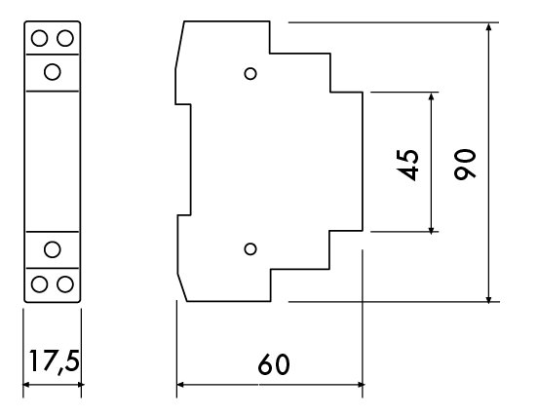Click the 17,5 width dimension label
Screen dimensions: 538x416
click(55, 361)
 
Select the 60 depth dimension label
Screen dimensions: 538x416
click(274, 364)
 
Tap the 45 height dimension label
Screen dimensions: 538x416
click(407, 165)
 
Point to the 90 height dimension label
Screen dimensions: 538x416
click(465, 164)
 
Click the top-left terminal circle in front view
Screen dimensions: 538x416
click(39, 38)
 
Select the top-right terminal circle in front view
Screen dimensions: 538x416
click(65, 38)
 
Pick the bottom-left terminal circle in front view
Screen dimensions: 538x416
click(39, 284)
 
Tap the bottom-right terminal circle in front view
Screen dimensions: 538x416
click(65, 284)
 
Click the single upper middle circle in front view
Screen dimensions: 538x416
click(53, 72)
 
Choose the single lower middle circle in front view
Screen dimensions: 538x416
click(53, 249)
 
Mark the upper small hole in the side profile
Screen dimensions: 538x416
click(250, 74)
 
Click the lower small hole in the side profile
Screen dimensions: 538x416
click(250, 249)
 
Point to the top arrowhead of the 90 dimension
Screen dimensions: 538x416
click(489, 26)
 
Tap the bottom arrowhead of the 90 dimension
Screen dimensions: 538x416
click(489, 298)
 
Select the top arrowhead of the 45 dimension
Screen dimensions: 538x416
click(432, 96)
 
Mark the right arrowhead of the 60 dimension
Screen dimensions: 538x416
click(359, 385)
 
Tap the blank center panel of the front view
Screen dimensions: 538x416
click(53, 162)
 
